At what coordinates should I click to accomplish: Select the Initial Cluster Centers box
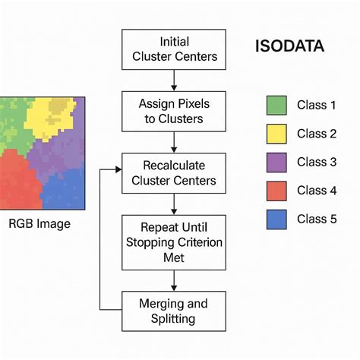tap(175, 49)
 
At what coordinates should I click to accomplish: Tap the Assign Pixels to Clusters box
tap(175, 111)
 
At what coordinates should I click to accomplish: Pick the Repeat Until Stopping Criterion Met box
tap(175, 241)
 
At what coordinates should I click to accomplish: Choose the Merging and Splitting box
tap(175, 311)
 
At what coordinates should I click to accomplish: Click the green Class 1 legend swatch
tap(277, 104)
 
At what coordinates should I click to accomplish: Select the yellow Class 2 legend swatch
tap(277, 134)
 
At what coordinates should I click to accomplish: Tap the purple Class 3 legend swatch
tap(277, 162)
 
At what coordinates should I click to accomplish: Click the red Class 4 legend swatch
tap(277, 191)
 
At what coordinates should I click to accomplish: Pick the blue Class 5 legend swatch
tap(277, 219)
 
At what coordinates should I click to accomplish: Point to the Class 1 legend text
tap(316, 105)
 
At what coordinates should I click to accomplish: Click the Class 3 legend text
tap(316, 162)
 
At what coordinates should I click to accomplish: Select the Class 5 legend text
tap(316, 219)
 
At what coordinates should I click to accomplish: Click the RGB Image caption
tap(39, 223)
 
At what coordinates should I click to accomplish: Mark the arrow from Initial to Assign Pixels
tap(175, 78)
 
